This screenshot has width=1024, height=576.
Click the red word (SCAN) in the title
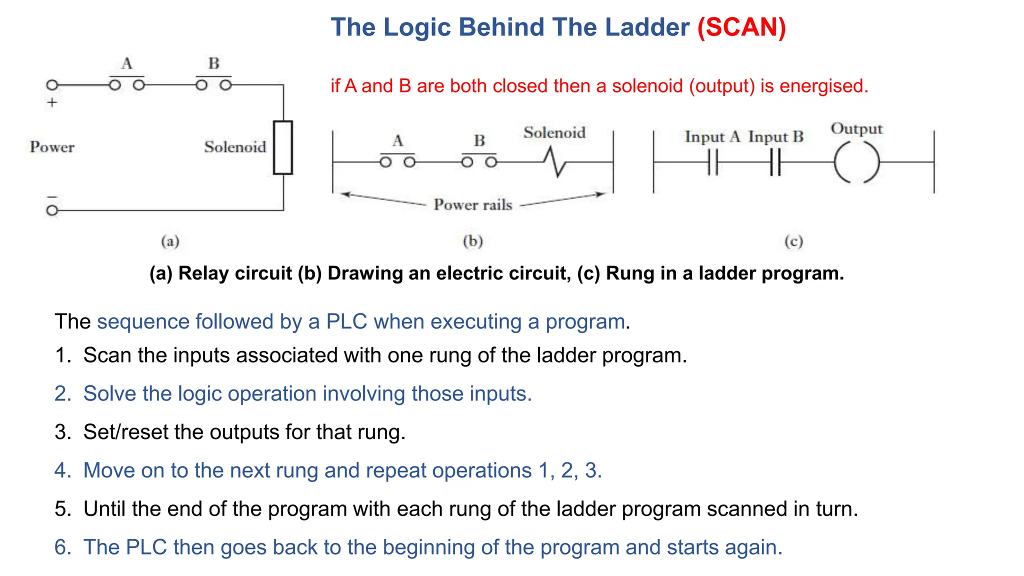pyautogui.click(x=741, y=27)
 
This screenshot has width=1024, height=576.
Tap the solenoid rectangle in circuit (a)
pyautogui.click(x=283, y=147)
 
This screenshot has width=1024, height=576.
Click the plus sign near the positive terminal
pyautogui.click(x=52, y=102)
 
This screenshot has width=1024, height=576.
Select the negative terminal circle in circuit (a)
pyautogui.click(x=52, y=210)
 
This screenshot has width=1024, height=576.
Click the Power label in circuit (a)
pyautogui.click(x=52, y=147)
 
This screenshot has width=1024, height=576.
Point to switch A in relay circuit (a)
pyautogui.click(x=127, y=84)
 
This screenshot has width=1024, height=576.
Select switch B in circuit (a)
pyautogui.click(x=213, y=84)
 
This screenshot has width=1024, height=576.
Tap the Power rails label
pyautogui.click(x=472, y=204)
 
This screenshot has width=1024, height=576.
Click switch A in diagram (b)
pyautogui.click(x=397, y=161)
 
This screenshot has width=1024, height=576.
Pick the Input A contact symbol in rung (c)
pyautogui.click(x=713, y=162)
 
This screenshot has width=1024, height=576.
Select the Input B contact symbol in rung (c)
pyautogui.click(x=775, y=162)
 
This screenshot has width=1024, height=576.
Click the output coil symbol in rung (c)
pyautogui.click(x=856, y=162)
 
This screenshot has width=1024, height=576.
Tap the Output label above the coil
pyautogui.click(x=856, y=128)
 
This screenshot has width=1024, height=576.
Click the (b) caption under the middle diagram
pyautogui.click(x=472, y=241)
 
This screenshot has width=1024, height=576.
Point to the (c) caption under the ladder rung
pyautogui.click(x=793, y=241)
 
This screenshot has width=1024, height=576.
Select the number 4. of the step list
pyautogui.click(x=63, y=470)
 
